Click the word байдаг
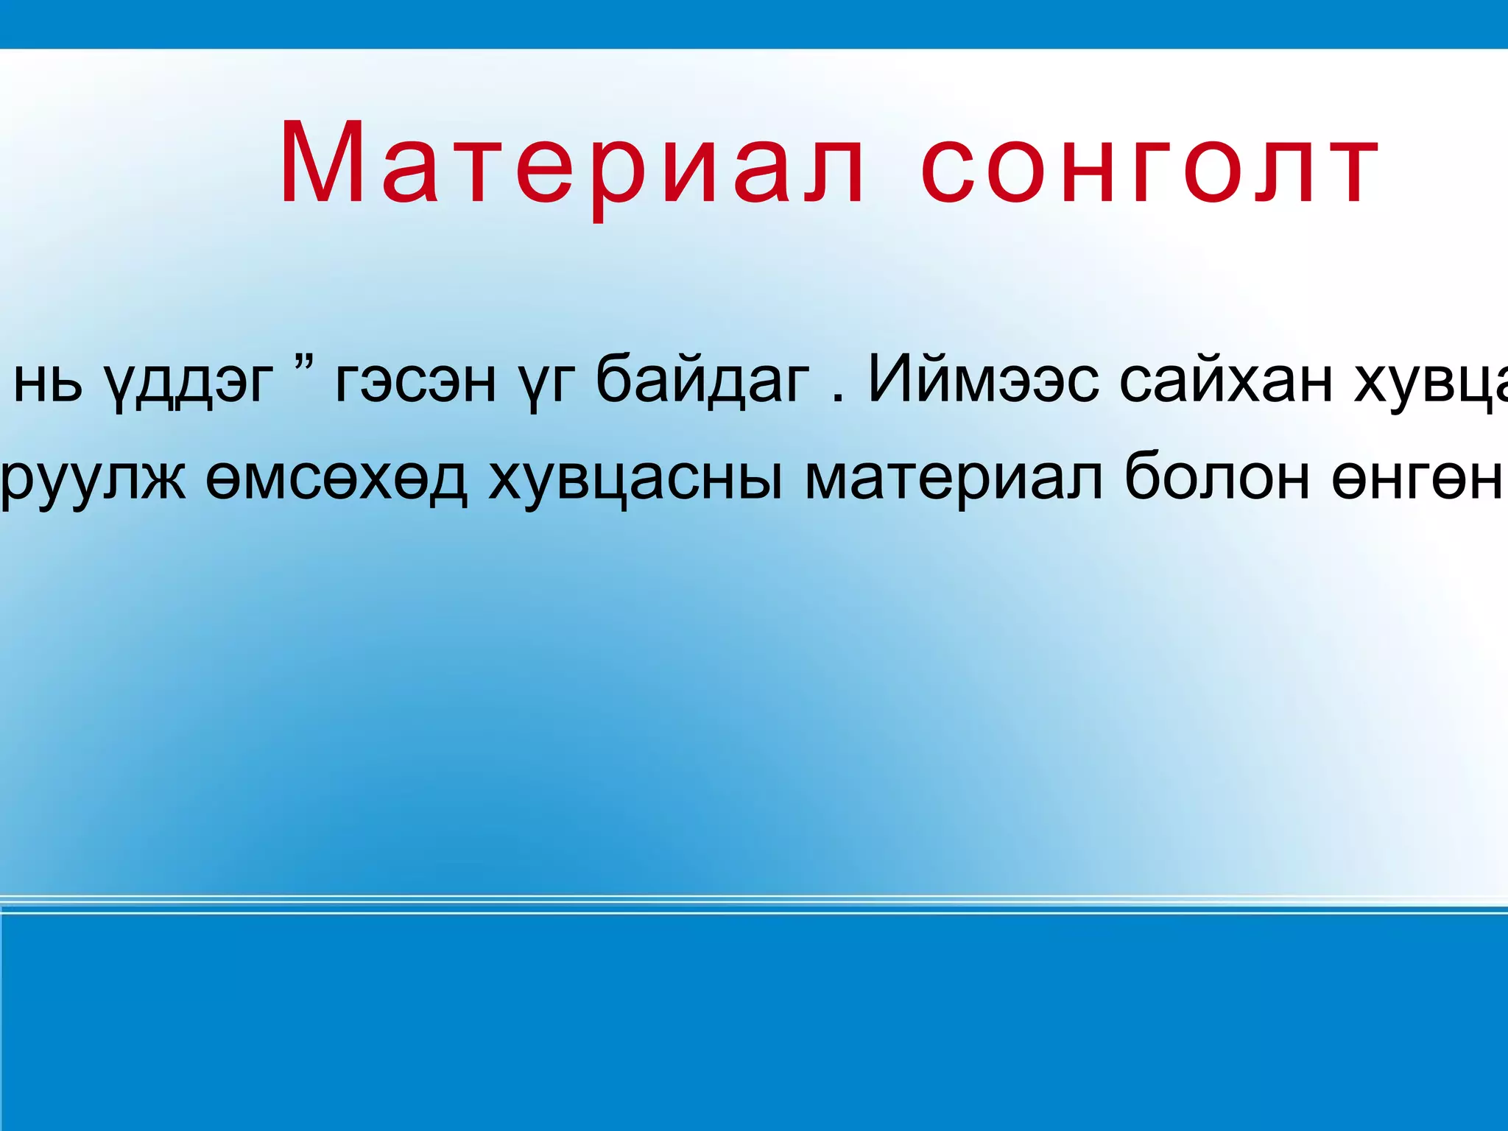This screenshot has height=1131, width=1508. [x=702, y=379]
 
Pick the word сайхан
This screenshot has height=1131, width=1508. [x=1226, y=379]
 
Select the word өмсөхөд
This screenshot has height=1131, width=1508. [x=336, y=479]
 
